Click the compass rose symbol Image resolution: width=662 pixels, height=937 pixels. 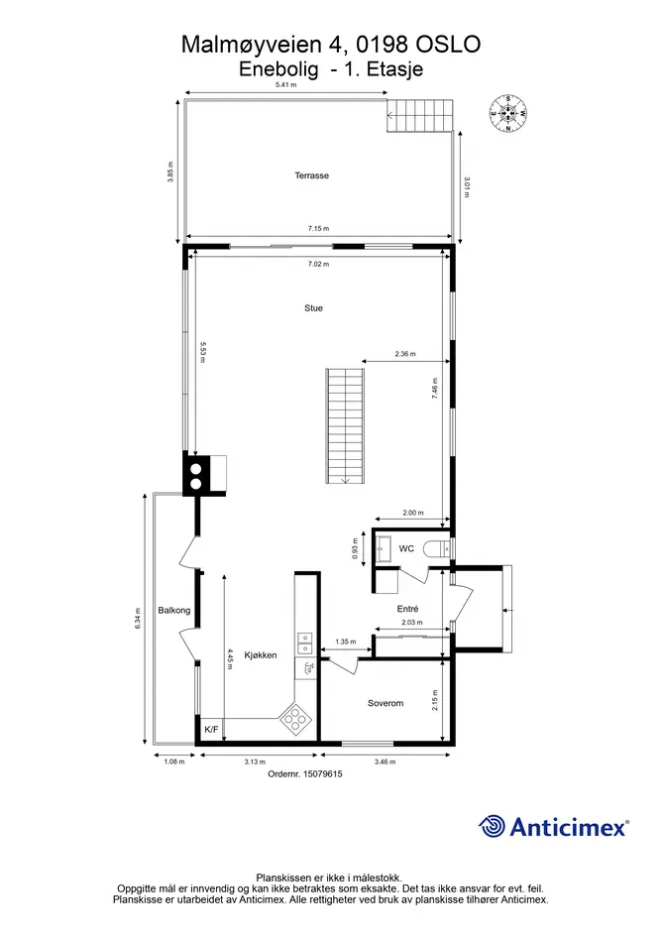[507, 114]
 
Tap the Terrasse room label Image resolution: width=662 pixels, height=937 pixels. [311, 176]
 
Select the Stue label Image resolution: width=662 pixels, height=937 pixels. [314, 308]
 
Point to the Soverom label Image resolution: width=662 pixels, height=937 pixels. [386, 703]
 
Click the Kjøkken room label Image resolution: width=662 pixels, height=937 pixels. [261, 655]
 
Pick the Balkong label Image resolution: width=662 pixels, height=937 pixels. [173, 610]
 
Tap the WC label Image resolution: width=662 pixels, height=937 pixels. [406, 548]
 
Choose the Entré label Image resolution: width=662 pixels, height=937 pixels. [407, 609]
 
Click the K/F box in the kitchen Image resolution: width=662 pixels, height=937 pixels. [211, 729]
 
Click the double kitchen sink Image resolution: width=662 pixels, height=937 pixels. [304, 643]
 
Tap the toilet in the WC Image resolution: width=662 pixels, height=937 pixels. [436, 548]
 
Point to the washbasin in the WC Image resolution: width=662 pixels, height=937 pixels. [383, 548]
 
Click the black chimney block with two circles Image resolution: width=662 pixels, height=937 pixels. [195, 475]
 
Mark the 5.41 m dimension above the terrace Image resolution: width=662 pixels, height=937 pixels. [285, 85]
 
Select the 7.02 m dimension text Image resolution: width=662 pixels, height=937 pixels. [318, 264]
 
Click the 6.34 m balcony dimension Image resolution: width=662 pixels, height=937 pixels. [138, 619]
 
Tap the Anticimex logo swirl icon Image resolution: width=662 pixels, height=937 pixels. [492, 827]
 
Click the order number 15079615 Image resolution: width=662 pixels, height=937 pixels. [323, 773]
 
